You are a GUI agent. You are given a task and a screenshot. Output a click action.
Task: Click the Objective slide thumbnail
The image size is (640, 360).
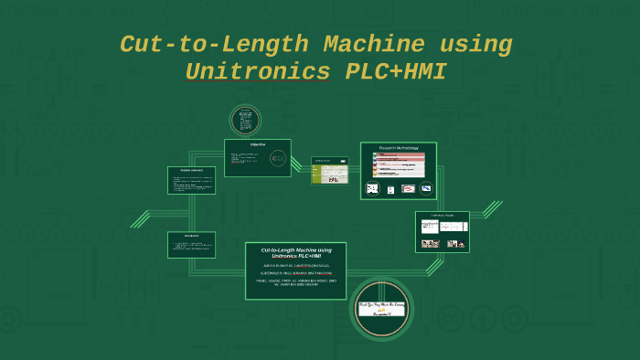258,157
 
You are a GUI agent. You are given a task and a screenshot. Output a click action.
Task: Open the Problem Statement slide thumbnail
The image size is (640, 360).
191,180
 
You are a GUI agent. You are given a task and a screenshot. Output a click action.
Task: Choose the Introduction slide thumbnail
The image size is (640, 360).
191,244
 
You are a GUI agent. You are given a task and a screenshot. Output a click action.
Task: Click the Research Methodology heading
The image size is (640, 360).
399,147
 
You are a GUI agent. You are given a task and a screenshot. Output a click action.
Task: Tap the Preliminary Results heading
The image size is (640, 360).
443,216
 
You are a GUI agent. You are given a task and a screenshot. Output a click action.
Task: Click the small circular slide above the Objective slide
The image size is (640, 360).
245,120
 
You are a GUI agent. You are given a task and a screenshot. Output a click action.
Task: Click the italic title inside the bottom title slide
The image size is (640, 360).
296,253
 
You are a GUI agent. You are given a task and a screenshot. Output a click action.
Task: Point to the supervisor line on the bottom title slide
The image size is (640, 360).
296,272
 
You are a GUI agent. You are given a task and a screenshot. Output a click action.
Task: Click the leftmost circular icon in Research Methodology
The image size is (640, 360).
373,189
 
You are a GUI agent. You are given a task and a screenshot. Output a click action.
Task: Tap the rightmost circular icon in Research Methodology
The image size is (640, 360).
426,189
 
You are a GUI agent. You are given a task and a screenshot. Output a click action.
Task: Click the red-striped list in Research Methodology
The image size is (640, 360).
399,164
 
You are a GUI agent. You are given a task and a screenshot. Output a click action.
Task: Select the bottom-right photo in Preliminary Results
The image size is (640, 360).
454,244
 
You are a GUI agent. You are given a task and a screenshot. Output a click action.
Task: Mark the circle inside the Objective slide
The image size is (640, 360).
278,157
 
